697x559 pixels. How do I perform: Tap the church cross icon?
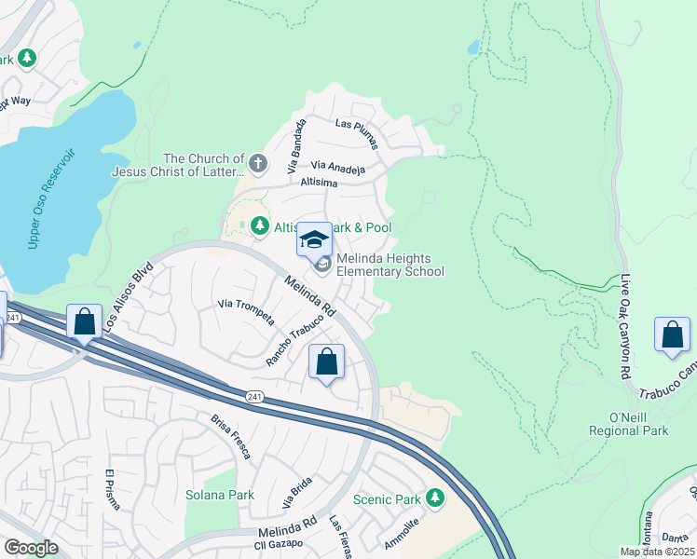click(x=258, y=165)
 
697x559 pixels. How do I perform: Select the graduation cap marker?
click(x=315, y=239)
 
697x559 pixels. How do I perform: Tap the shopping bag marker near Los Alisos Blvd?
click(x=85, y=322)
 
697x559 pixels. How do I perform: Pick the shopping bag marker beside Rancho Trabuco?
click(x=327, y=362)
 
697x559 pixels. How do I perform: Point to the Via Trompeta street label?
click(x=245, y=310)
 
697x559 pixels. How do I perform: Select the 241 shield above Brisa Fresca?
click(x=254, y=397)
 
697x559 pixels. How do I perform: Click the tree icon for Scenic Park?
click(x=434, y=498)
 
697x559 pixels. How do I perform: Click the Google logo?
click(x=31, y=548)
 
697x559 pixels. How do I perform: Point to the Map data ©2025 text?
click(x=656, y=552)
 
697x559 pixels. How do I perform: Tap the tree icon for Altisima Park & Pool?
click(x=259, y=225)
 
